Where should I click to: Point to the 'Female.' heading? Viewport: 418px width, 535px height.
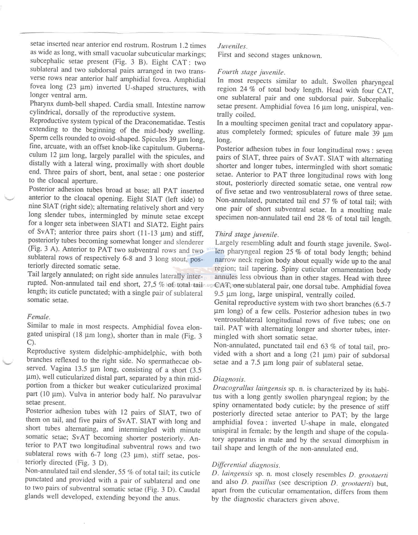coord(38,317)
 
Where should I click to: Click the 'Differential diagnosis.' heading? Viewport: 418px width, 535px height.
coord(246,465)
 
